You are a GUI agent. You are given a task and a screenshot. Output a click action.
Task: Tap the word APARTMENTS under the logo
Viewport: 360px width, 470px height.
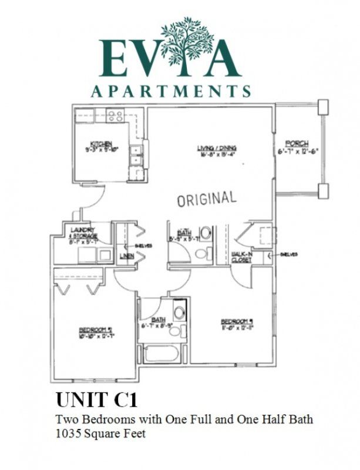pyautogui.click(x=171, y=92)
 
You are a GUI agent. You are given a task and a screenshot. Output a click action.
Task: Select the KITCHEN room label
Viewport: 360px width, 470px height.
pyautogui.click(x=101, y=144)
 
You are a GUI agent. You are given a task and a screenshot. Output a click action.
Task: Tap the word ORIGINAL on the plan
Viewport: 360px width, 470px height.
pyautogui.click(x=207, y=199)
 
